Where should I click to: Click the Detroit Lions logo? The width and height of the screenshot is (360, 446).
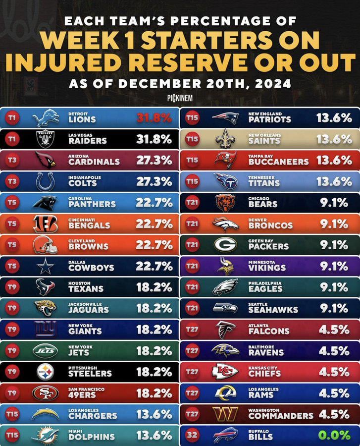[x=45, y=118]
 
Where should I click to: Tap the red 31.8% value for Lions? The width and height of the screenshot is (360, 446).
[x=154, y=118]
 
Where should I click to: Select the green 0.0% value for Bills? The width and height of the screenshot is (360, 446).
[x=334, y=436]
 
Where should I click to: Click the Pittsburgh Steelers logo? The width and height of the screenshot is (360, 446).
[x=45, y=372]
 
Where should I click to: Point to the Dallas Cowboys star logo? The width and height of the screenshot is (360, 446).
[x=45, y=267]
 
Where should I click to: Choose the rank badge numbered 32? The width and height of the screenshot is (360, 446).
[x=192, y=436]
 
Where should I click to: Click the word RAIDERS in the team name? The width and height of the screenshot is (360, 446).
[x=88, y=141]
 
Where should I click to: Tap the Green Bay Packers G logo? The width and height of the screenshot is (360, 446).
[x=225, y=245]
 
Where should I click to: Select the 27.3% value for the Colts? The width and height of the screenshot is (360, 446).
[x=154, y=182]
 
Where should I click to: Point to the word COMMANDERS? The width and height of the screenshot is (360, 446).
[x=281, y=416]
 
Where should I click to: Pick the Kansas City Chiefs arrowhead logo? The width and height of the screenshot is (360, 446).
[x=225, y=372]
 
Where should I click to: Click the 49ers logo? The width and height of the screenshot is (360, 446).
[x=45, y=393]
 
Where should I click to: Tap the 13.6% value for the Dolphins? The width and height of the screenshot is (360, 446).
[x=154, y=436]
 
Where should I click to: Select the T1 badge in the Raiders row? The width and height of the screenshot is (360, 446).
[x=12, y=140]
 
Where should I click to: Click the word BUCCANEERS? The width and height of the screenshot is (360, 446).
[x=278, y=162]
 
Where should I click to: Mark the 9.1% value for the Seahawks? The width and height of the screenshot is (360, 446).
[x=334, y=309]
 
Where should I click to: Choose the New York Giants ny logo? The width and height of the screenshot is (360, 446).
[x=45, y=330]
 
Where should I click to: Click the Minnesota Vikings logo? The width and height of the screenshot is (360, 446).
[x=225, y=266]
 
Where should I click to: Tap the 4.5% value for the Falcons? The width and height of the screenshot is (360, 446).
[x=334, y=330]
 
